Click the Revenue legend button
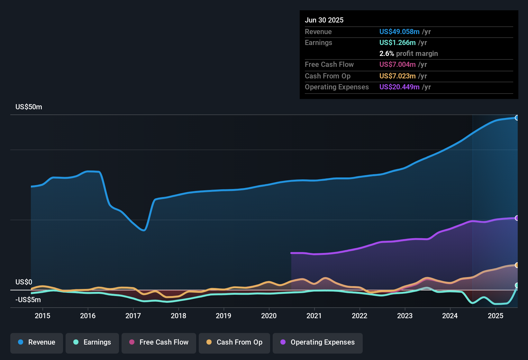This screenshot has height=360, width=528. tap(37, 342)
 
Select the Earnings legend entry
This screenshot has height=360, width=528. tap(92, 342)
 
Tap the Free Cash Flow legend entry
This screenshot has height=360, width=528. tap(159, 342)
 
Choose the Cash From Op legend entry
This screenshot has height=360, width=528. tap(234, 342)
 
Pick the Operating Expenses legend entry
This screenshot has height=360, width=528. tap(318, 342)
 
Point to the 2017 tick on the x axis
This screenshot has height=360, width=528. tap(133, 316)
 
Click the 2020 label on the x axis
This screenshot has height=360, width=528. tap(269, 316)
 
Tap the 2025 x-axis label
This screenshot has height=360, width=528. tap(496, 316)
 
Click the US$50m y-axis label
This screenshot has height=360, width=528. tap(29, 107)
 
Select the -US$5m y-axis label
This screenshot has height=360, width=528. tap(28, 300)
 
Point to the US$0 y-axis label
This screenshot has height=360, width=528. tap(24, 282)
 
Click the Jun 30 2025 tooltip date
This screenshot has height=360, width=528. tap(324, 20)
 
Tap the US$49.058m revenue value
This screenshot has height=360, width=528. tap(399, 32)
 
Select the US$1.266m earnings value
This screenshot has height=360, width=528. tap(397, 43)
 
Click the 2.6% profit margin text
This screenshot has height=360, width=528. tap(408, 54)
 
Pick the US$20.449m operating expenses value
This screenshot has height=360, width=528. tap(399, 87)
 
